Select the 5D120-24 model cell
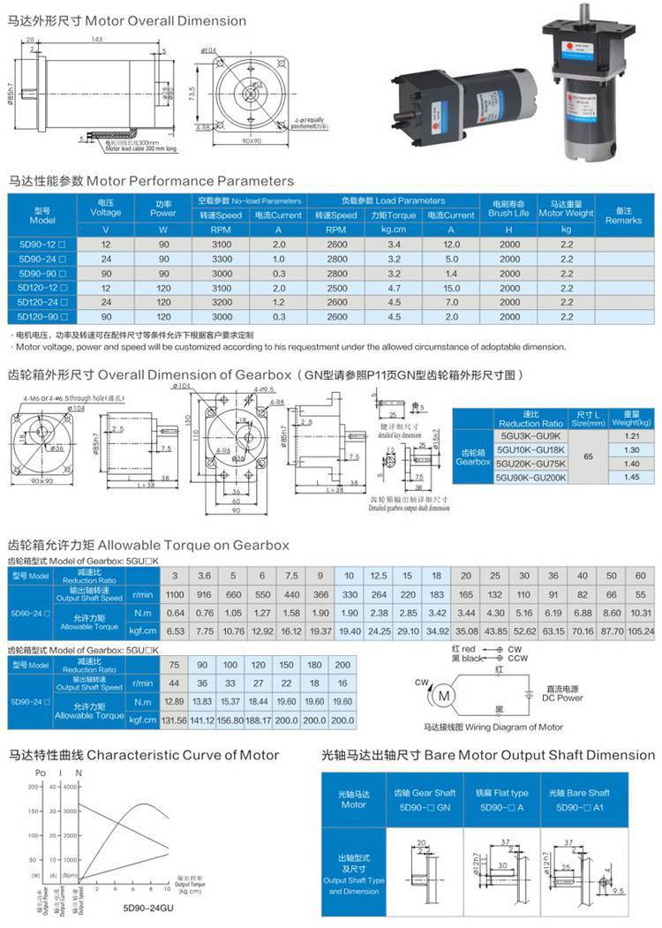point(43,301)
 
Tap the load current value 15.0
point(451,287)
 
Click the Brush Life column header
point(509,214)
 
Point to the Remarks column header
point(623,215)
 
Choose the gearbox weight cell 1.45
point(631,478)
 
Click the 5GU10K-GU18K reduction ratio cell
point(532,449)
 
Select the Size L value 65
point(588,456)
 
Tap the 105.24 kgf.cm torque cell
point(642,630)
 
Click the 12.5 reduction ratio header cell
point(379,576)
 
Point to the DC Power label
point(562,698)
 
